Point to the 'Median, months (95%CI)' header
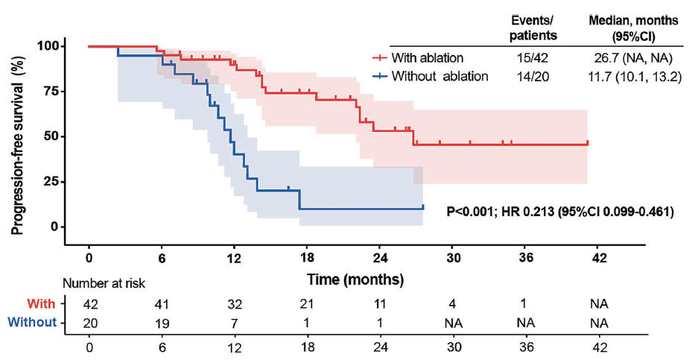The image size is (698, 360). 632,28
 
